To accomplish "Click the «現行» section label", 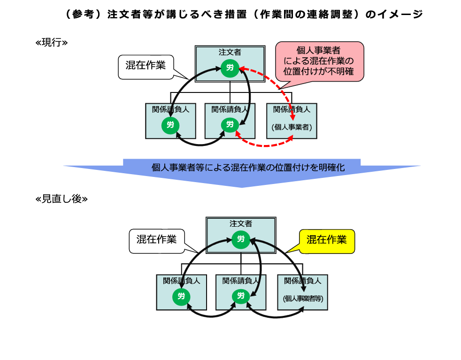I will [x=52, y=42].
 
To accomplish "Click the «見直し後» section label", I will [x=61, y=199].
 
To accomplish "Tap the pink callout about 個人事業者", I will [x=319, y=61].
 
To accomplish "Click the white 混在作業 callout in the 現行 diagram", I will [x=145, y=65].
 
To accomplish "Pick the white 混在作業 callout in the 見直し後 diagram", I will [x=156, y=239].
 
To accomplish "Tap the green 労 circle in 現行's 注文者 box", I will [x=230, y=68].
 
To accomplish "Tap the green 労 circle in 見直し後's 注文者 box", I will [x=241, y=239].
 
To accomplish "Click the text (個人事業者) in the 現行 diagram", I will [x=292, y=127].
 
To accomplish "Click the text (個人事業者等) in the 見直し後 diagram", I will [x=303, y=299].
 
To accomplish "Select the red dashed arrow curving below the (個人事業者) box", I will [x=263, y=145].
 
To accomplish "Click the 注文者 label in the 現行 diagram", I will [x=230, y=52].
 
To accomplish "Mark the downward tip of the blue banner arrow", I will [x=241, y=187].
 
